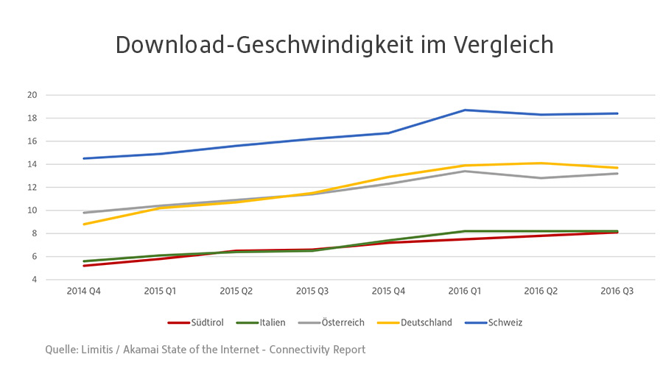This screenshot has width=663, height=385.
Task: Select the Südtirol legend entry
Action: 200,322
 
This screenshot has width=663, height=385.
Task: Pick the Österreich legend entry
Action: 334,322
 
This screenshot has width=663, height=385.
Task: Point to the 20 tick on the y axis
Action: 32,95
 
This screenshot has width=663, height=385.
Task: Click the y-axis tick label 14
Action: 32,164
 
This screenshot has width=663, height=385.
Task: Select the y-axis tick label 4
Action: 35,280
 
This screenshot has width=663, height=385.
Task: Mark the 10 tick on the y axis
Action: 32,211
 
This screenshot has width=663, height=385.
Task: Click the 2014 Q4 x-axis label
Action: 83,292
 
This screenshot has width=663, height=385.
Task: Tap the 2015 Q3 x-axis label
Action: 312,292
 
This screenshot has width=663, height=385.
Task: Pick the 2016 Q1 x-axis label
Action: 465,292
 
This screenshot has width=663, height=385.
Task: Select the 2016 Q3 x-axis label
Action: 617,292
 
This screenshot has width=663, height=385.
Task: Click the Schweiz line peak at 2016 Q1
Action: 465,110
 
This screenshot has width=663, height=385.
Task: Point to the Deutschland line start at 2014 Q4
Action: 83,224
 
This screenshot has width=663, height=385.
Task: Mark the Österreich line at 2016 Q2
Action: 541,177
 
